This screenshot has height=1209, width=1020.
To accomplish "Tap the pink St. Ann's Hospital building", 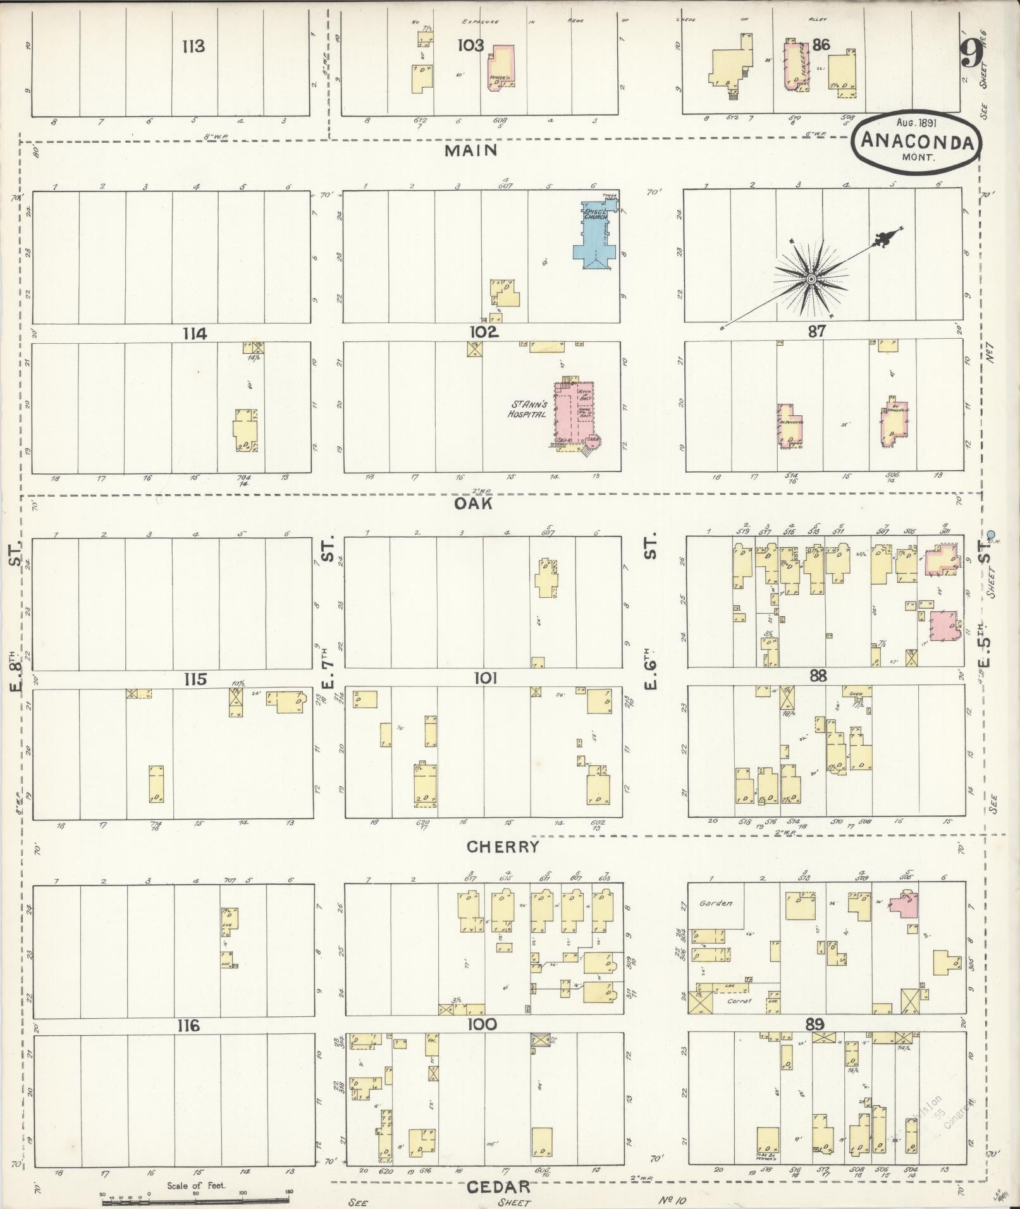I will pyautogui.click(x=574, y=414).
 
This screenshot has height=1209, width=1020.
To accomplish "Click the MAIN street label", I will pyautogui.click(x=471, y=150).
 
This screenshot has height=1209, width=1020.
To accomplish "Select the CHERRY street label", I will pyautogui.click(x=503, y=847).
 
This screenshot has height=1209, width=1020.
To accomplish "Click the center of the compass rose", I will pyautogui.click(x=810, y=279).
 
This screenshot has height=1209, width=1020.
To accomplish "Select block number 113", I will pyautogui.click(x=194, y=46).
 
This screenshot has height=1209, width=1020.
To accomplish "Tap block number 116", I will pyautogui.click(x=188, y=1025).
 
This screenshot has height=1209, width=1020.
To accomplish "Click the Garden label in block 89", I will pyautogui.click(x=715, y=903).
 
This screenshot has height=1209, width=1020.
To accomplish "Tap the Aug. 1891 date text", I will pyautogui.click(x=916, y=123).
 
